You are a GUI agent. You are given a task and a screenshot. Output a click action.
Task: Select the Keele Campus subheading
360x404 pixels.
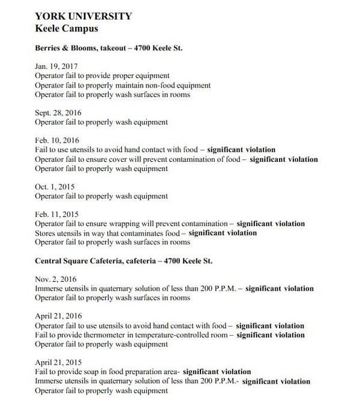pos(66,28)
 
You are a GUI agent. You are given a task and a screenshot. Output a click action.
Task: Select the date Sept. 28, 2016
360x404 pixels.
pos(58,113)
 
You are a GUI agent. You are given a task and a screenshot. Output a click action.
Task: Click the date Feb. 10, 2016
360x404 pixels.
pos(57,140)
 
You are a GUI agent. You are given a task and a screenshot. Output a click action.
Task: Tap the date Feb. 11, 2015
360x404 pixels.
pos(57,215)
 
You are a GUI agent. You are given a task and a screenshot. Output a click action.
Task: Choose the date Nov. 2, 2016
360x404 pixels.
pos(56,279)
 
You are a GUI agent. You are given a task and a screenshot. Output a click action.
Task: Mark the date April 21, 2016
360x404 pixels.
pos(59,316)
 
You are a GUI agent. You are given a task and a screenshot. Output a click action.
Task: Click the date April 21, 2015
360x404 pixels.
pos(59,363)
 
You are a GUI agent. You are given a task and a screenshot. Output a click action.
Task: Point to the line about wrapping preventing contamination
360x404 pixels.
pos(170,224)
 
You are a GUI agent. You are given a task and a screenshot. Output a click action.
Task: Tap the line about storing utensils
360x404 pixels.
pos(146,233)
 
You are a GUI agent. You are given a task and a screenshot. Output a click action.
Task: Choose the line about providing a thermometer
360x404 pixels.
pos(170,335)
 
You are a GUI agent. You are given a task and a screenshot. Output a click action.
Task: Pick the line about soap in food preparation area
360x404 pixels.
pos(143,372)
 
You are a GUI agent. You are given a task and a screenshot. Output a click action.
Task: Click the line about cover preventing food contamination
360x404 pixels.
pos(176,159)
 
